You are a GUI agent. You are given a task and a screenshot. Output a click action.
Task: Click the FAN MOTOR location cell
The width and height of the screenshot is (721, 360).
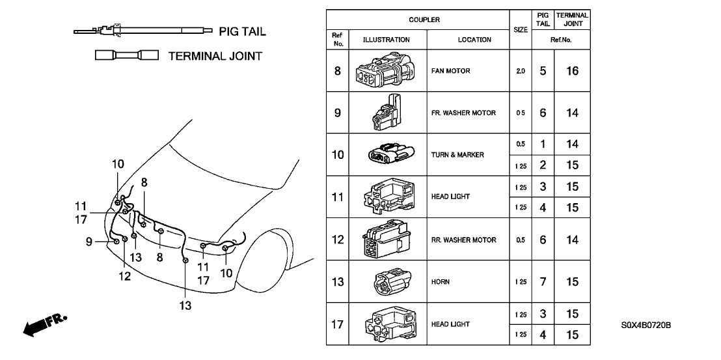click(x=450, y=71)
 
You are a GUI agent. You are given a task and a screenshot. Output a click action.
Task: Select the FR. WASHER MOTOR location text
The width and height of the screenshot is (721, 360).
click(x=463, y=113)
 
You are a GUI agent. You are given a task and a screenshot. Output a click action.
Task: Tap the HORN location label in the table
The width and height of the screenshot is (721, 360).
click(x=440, y=282)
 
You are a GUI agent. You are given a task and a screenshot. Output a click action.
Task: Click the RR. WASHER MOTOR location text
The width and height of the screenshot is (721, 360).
click(x=463, y=240)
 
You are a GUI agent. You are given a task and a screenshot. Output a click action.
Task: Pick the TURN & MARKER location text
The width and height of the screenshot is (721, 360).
click(x=457, y=155)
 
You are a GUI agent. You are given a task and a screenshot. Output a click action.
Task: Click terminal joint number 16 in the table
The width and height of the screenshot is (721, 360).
click(x=572, y=71)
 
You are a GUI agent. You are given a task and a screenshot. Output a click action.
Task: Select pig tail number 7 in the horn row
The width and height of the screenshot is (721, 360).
click(x=543, y=282)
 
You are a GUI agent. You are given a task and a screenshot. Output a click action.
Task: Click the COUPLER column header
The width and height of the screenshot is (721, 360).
click(x=424, y=20)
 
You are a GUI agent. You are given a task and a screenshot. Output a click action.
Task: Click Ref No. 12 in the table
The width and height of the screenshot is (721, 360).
click(x=337, y=240)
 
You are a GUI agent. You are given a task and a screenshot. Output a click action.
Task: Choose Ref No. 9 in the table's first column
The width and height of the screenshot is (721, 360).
click(x=337, y=113)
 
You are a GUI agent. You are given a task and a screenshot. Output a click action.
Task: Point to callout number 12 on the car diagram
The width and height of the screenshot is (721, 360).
click(x=124, y=276)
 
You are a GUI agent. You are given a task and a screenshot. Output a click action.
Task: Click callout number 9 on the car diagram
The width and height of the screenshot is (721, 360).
click(x=89, y=242)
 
